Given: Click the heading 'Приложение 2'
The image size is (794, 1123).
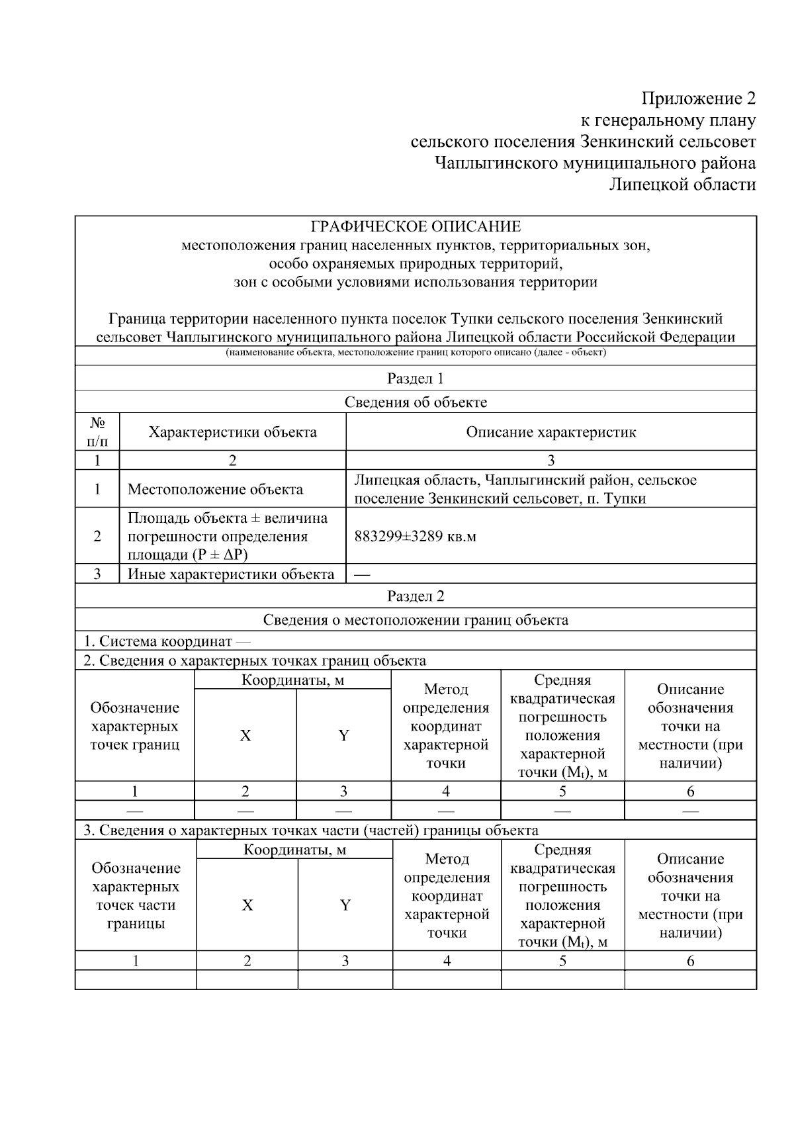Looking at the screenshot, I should pyautogui.click(x=697, y=99).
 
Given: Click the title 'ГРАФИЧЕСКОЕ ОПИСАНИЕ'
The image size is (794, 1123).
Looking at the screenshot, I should pyautogui.click(x=416, y=227).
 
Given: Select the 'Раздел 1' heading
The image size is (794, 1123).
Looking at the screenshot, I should pyautogui.click(x=416, y=379).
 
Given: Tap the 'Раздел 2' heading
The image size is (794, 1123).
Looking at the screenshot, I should pyautogui.click(x=416, y=596).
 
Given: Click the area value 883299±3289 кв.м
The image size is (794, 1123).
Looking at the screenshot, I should pyautogui.click(x=415, y=536).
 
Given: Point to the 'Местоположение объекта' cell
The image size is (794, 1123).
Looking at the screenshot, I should pyautogui.click(x=215, y=490).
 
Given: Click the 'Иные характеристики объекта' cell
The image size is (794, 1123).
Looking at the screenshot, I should pyautogui.click(x=231, y=574).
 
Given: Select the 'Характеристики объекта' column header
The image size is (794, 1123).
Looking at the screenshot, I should pyautogui.click(x=232, y=432).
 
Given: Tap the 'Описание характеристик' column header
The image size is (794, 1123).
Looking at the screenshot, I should pyautogui.click(x=551, y=432).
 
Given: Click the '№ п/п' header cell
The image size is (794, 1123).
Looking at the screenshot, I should pyautogui.click(x=97, y=431).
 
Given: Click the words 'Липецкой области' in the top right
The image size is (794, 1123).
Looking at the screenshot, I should pyautogui.click(x=682, y=184).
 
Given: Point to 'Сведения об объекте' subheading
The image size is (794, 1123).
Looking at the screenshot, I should pyautogui.click(x=416, y=402).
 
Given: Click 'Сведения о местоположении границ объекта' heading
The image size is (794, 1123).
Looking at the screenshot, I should pyautogui.click(x=416, y=620).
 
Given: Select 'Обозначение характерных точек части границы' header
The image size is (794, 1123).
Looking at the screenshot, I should pyautogui.click(x=136, y=895).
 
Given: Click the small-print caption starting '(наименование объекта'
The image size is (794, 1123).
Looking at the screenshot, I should pyautogui.click(x=416, y=352).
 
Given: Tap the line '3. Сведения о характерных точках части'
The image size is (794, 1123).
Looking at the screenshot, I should pyautogui.click(x=310, y=830).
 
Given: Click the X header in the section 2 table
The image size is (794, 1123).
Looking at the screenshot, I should pyautogui.click(x=245, y=735).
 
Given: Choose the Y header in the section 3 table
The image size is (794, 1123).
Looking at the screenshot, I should pyautogui.click(x=345, y=905).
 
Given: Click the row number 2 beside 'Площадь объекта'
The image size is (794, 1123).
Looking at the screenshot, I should pyautogui.click(x=97, y=536).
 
